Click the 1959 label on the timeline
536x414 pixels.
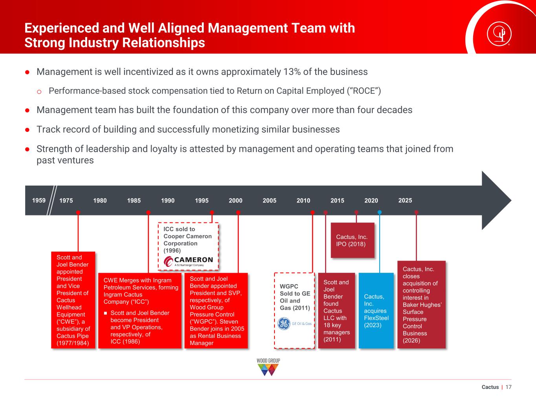point(39,201)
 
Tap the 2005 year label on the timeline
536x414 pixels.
point(269,201)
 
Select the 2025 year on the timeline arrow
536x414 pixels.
point(405,201)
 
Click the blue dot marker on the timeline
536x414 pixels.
point(380,212)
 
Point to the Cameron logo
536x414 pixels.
point(188,261)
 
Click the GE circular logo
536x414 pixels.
point(284,324)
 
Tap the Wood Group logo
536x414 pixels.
point(268,367)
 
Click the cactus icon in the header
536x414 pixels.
point(499,34)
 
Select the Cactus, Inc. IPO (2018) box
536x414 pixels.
point(353,240)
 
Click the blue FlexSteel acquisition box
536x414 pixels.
point(376,310)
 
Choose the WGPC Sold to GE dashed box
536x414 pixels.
point(295,310)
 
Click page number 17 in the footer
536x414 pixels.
point(509,387)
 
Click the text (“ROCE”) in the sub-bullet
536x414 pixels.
point(364,91)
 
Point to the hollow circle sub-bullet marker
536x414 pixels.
point(39,92)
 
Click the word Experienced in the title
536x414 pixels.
point(62,28)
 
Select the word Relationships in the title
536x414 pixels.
point(163,42)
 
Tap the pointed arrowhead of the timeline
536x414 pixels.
point(511,201)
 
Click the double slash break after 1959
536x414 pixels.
point(52,201)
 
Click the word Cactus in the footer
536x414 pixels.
point(490,387)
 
